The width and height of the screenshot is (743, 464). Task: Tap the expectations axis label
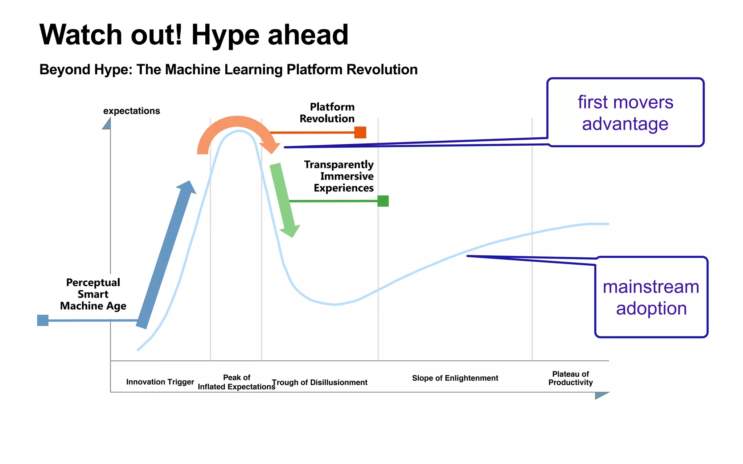[x=131, y=111]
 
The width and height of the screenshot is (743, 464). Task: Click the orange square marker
[x=360, y=132]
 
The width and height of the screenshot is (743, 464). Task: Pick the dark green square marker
[x=383, y=201]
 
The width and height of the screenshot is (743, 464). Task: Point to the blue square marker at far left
[x=43, y=320]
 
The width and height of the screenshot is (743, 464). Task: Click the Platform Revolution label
[x=327, y=113]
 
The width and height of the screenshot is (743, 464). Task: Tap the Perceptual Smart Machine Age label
[x=93, y=294]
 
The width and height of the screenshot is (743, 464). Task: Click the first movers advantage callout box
[x=625, y=112]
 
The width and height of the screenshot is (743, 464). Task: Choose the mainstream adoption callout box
[x=651, y=297]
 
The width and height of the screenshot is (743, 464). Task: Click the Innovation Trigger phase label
[x=160, y=382]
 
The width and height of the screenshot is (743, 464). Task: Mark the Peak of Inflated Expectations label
[x=237, y=382]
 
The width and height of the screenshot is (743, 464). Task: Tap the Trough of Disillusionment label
[x=320, y=382]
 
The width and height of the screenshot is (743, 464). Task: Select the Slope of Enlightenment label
[x=455, y=378]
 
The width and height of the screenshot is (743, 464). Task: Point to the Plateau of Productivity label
[x=570, y=378]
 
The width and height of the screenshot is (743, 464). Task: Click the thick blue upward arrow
[x=167, y=254]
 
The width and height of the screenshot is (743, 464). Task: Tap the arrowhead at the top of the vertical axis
[x=107, y=124]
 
